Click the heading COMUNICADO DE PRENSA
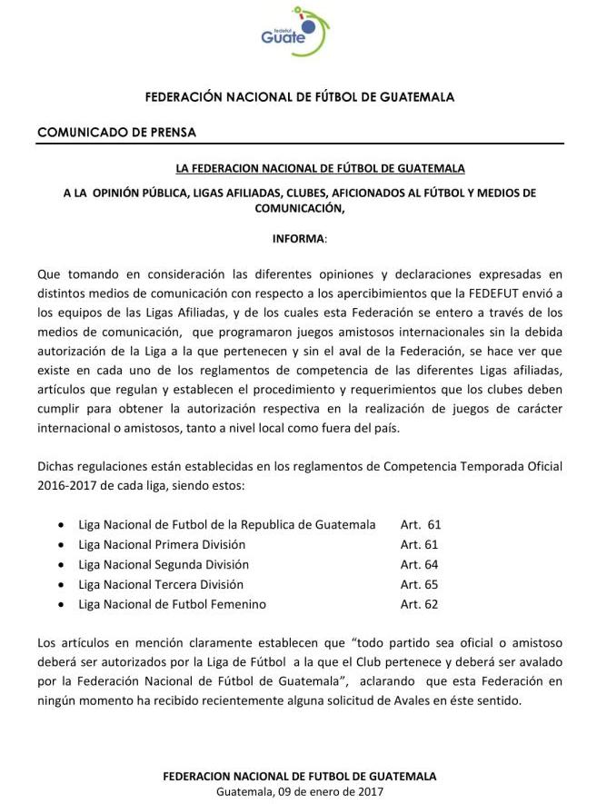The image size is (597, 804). [x=116, y=132]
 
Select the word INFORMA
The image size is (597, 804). [x=298, y=238]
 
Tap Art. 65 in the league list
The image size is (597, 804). [x=419, y=584]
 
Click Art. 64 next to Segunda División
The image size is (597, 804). [x=419, y=564]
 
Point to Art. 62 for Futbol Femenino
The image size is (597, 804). [x=419, y=604]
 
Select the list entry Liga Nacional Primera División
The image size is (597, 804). [x=162, y=544]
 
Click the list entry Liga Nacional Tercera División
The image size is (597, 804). [x=161, y=584]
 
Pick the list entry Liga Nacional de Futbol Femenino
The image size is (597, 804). [x=172, y=604]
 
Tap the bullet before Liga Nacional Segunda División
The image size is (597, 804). [x=60, y=565]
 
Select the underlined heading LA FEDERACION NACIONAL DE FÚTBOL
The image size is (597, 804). [x=320, y=168]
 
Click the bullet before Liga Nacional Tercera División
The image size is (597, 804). [x=60, y=585]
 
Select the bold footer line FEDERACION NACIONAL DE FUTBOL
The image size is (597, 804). [x=299, y=776]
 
